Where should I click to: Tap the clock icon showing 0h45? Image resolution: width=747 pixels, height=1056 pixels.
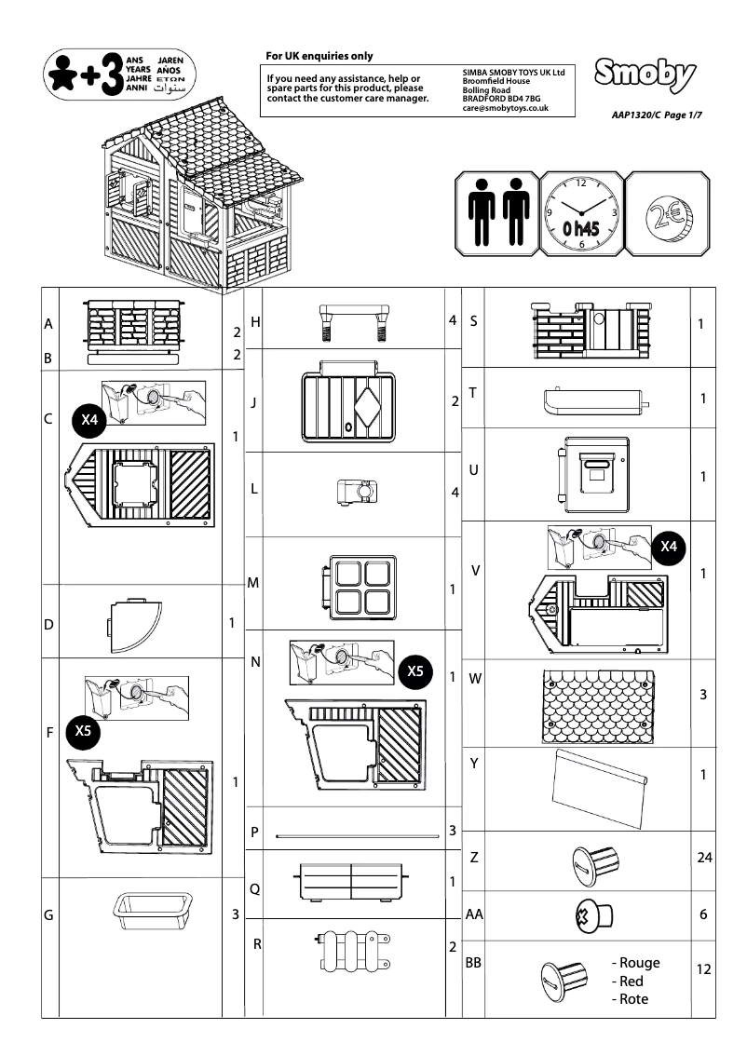582,212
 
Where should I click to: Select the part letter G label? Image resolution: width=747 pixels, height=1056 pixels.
48,915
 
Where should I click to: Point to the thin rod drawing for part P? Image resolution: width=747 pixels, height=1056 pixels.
359,836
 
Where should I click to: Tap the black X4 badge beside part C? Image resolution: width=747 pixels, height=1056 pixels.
90,420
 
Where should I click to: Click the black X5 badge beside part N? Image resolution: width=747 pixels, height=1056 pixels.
415,671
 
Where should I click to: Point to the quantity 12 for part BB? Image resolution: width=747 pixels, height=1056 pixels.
703,969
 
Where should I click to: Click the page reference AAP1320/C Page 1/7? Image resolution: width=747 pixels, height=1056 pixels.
656,115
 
